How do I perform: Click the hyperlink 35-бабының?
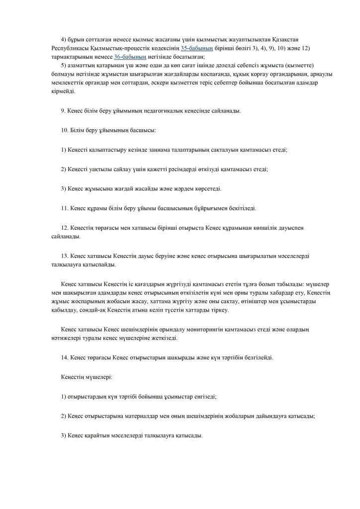[197, 48]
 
